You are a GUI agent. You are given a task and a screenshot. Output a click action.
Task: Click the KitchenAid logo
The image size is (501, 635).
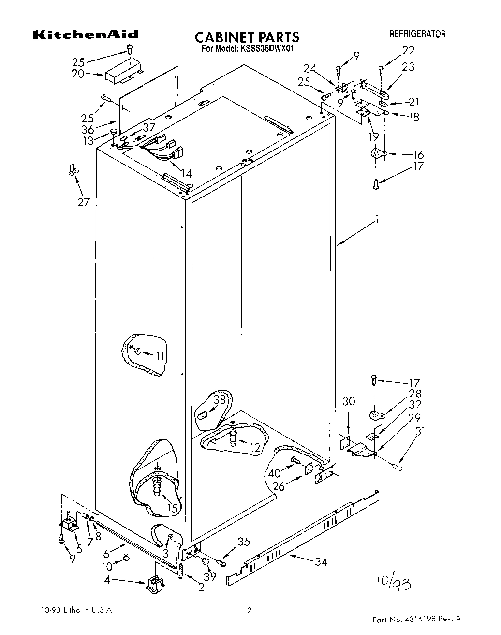(86, 34)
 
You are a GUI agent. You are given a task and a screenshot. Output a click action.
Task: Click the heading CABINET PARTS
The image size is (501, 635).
(247, 37)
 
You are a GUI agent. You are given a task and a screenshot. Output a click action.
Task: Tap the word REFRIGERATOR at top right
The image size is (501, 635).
(417, 34)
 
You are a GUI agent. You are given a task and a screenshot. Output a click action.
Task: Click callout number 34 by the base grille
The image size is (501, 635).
(321, 561)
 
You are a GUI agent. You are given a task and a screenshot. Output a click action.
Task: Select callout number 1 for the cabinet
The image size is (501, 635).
(377, 220)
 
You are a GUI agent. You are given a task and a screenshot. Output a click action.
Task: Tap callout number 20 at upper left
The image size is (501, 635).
(78, 74)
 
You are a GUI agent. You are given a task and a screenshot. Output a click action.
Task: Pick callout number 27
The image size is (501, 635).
(84, 201)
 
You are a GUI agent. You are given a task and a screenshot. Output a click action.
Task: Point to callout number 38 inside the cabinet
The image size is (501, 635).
(220, 400)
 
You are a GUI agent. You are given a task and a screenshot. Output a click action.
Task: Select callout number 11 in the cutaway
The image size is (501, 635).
(160, 356)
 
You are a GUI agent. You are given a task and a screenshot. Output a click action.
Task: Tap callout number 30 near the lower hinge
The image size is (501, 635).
(349, 401)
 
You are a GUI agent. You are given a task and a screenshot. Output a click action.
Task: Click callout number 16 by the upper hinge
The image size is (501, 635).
(418, 155)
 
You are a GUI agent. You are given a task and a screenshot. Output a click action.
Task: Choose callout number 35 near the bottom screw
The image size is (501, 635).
(244, 542)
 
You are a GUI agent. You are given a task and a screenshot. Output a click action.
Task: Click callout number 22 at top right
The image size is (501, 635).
(408, 50)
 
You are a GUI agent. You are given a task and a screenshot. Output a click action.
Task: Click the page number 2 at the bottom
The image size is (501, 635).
(250, 611)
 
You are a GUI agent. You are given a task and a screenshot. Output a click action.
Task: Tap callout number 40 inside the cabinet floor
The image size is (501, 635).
(274, 473)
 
